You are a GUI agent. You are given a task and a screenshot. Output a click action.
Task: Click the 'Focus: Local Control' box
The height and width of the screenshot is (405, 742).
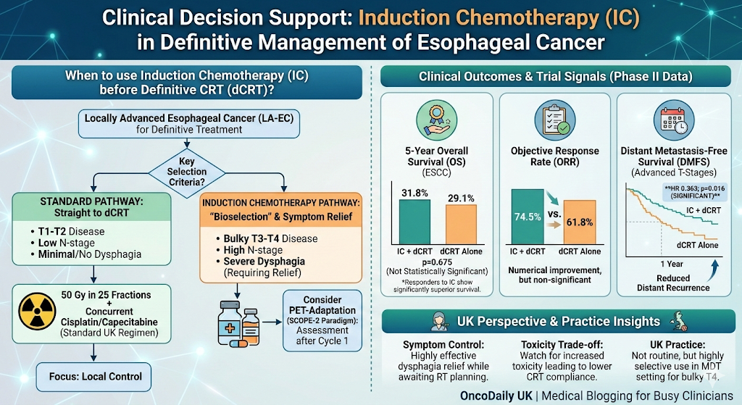point(91,377)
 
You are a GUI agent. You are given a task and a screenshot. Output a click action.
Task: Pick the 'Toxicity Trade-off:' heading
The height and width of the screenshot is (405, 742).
point(556,344)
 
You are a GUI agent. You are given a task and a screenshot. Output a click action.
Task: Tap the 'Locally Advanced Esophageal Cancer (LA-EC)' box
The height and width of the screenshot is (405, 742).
point(185,124)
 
